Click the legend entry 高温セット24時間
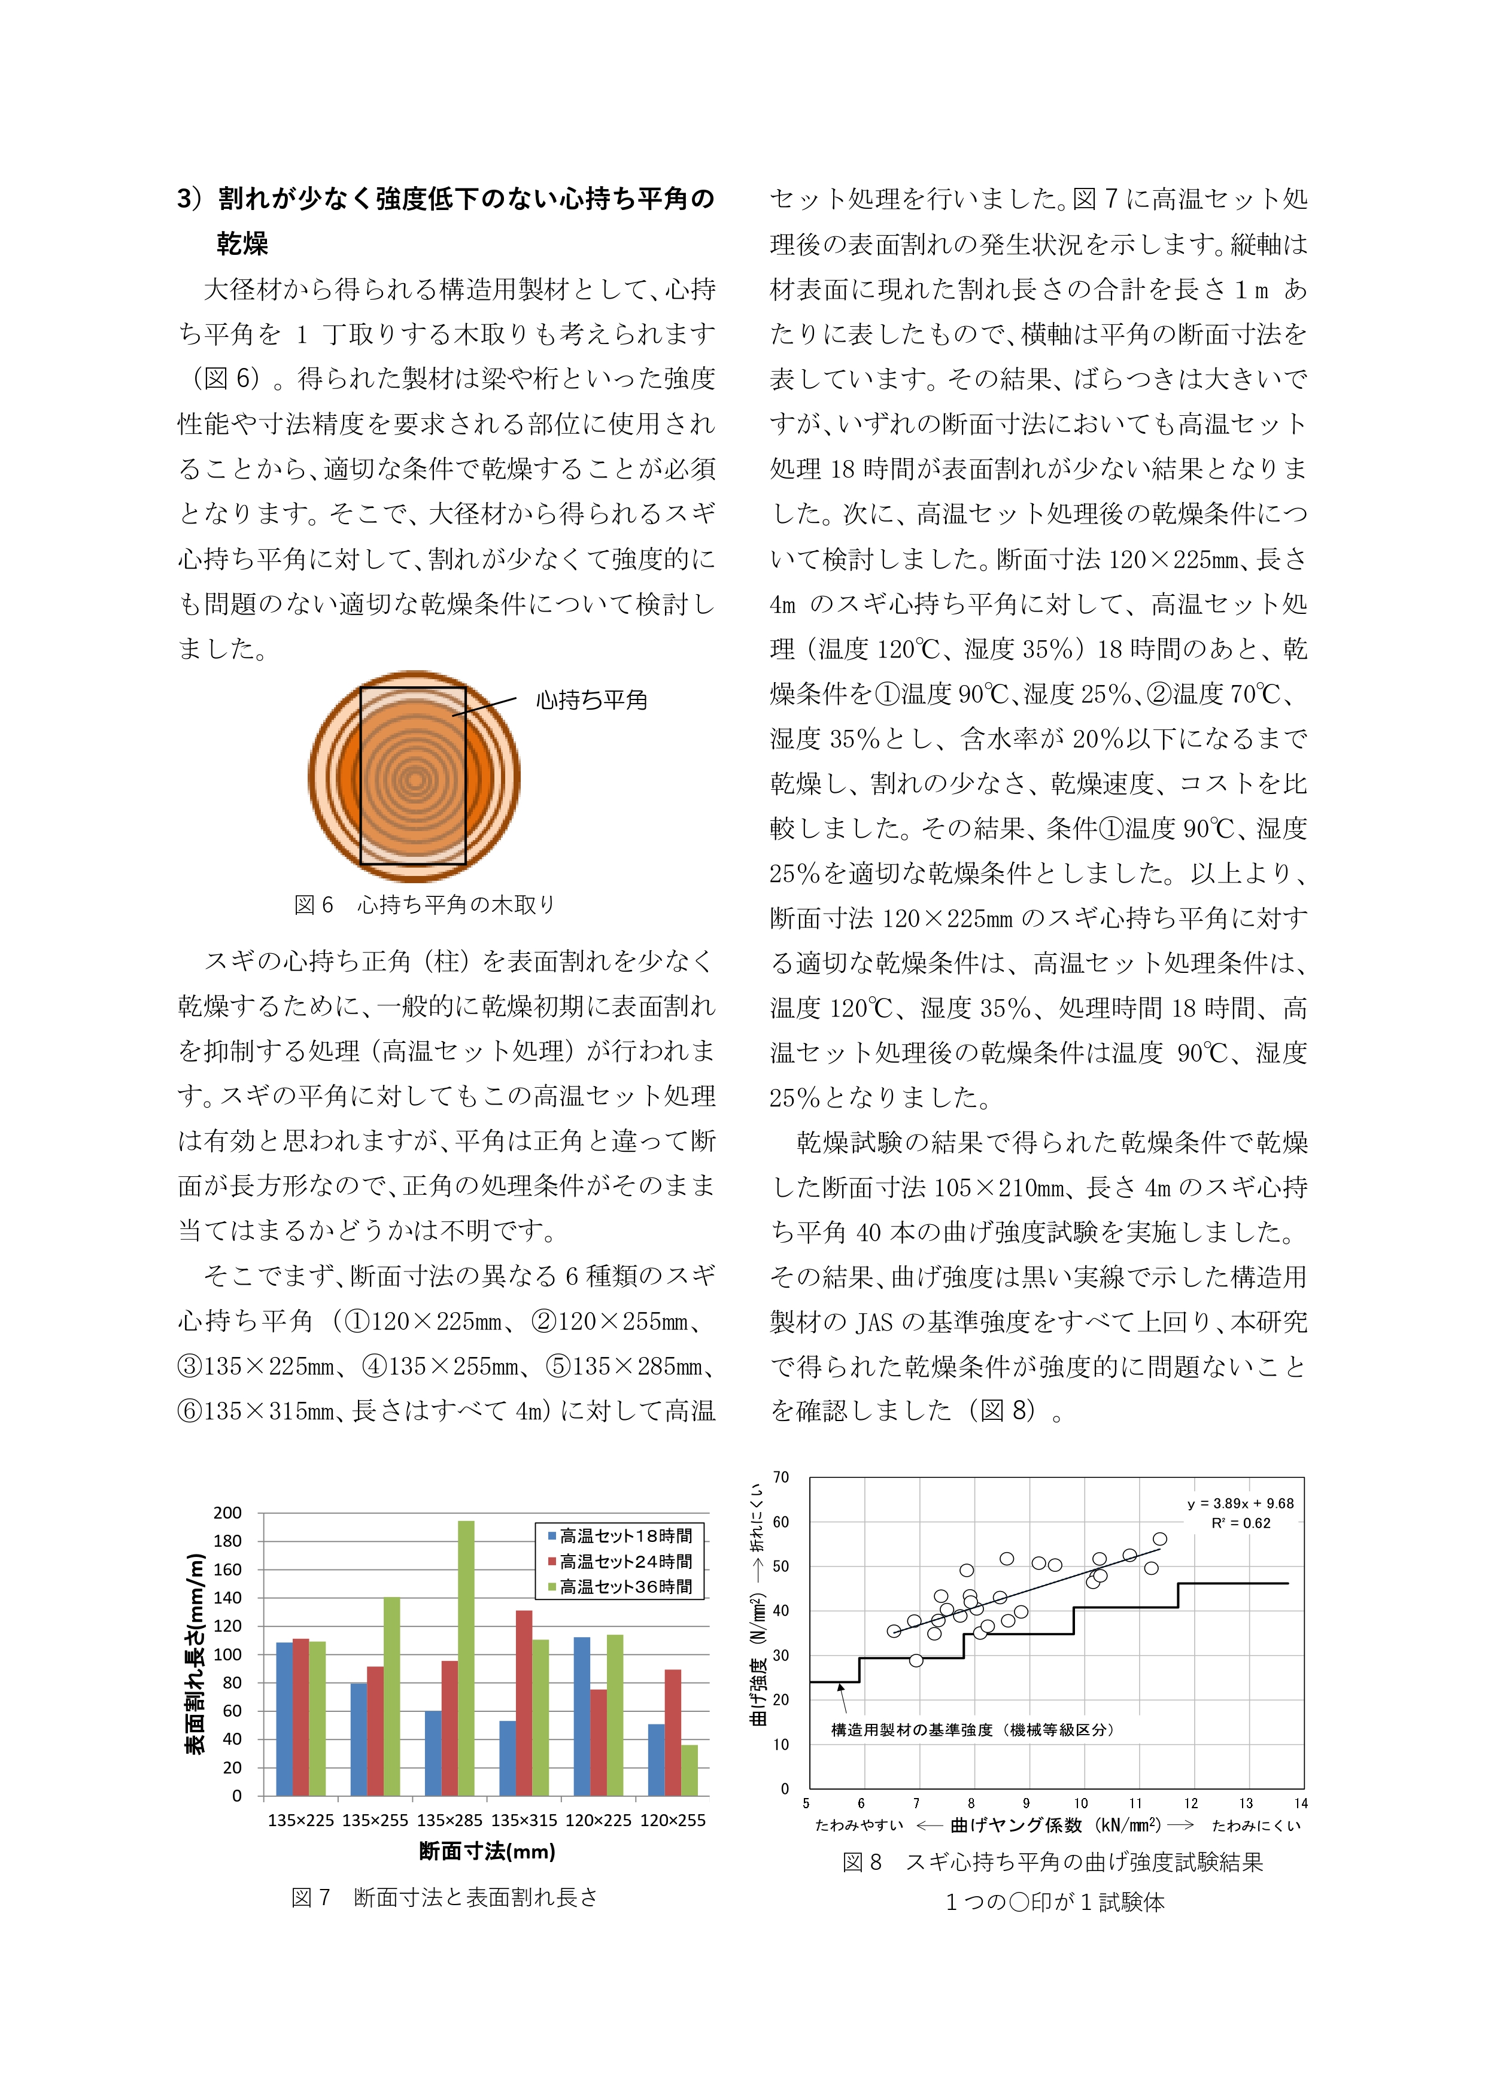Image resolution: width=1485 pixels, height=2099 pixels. click(625, 1562)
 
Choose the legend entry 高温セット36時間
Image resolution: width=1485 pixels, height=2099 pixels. click(625, 1587)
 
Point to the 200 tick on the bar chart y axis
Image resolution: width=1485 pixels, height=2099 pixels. click(227, 1513)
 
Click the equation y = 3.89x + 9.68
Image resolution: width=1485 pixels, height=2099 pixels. click(1240, 1503)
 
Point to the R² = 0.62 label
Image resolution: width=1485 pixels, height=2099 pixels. click(1240, 1523)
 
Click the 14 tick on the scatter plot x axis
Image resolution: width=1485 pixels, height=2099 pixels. click(1300, 1803)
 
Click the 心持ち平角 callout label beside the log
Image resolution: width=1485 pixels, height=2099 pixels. click(591, 700)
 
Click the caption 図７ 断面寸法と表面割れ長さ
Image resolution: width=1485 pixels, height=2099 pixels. click(444, 1897)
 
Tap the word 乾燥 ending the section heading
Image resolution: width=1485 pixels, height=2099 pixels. click(242, 243)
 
